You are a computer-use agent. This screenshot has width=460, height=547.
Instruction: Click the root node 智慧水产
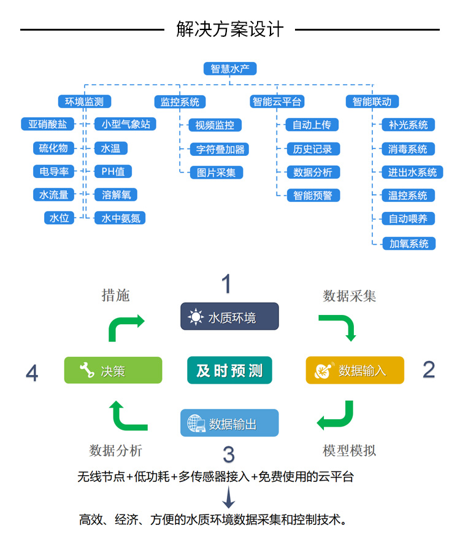pyautogui.click(x=229, y=69)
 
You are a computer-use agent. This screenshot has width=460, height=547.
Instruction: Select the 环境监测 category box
pyautogui.click(x=85, y=101)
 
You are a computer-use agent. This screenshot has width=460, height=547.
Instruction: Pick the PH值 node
pyautogui.click(x=113, y=171)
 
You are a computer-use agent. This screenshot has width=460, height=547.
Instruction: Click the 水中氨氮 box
pyautogui.click(x=120, y=218)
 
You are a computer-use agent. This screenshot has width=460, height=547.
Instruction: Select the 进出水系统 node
pyautogui.click(x=408, y=173)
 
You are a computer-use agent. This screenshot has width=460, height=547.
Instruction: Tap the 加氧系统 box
pyautogui.click(x=408, y=243)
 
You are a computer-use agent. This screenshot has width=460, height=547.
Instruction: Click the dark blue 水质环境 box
pyautogui.click(x=229, y=317)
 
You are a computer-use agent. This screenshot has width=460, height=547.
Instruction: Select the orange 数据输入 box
pyautogui.click(x=355, y=370)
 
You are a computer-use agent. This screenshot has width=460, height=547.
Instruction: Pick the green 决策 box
pyautogui.click(x=113, y=370)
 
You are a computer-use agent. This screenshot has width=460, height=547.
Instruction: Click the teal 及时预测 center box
pyautogui.click(x=229, y=370)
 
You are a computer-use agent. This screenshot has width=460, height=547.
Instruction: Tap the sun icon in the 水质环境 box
pyautogui.click(x=196, y=317)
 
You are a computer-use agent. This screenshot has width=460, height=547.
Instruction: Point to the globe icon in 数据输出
pyautogui.click(x=196, y=424)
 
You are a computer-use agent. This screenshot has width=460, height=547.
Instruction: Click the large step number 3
pyautogui.click(x=228, y=455)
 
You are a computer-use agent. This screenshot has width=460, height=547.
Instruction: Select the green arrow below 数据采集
pyautogui.click(x=339, y=327)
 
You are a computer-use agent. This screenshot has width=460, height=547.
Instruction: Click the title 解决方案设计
pyautogui.click(x=230, y=29)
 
